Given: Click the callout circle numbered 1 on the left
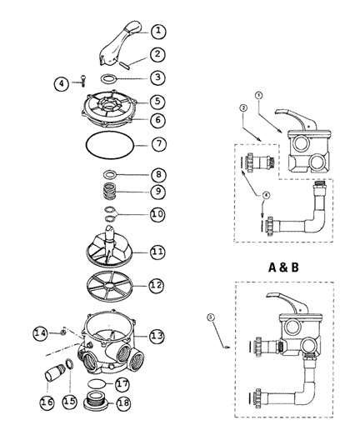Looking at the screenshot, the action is tap(158, 31).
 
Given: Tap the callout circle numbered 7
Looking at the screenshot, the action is tap(158, 144).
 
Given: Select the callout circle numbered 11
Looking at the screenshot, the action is tap(157, 252).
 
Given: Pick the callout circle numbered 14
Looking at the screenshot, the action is tap(41, 332).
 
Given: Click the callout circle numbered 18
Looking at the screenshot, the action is tap(123, 402).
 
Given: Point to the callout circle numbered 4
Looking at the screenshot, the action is tap(62, 83).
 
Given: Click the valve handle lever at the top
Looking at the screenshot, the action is tap(120, 43).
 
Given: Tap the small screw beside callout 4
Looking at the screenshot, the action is tap(82, 81).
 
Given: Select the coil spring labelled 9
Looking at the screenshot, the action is tap(109, 192).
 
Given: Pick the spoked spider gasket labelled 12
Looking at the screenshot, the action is tap(109, 286).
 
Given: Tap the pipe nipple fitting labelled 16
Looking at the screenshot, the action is tap(55, 372).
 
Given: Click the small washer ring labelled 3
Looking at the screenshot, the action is tap(108, 76).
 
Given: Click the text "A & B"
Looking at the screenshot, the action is tap(283, 267).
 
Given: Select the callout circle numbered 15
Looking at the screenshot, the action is tap(69, 401).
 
